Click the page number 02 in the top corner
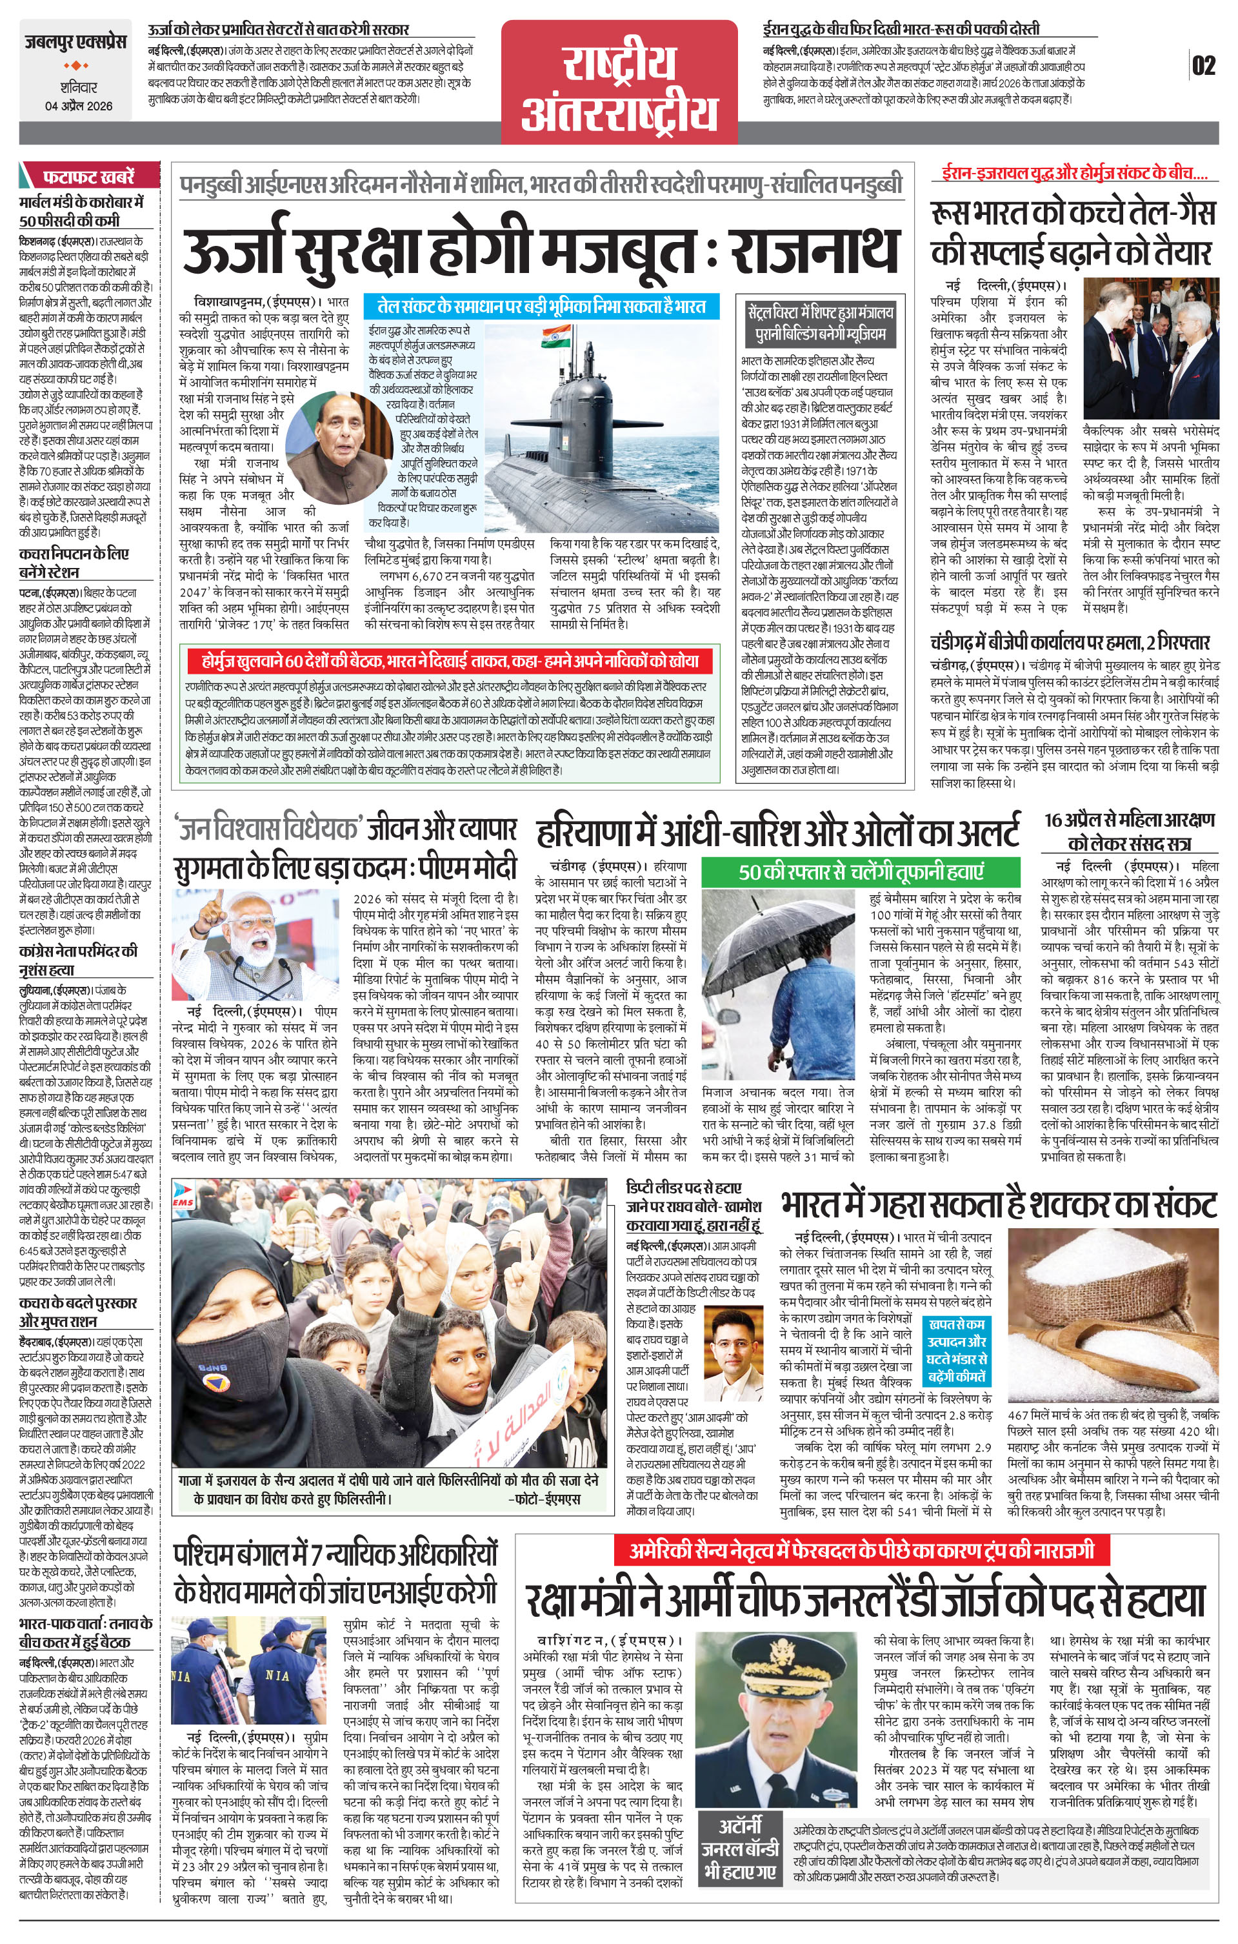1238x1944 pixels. [x=1203, y=65]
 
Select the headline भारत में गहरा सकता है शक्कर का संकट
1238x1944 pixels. [x=998, y=1205]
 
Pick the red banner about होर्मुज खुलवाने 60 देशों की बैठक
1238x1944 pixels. [x=450, y=661]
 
